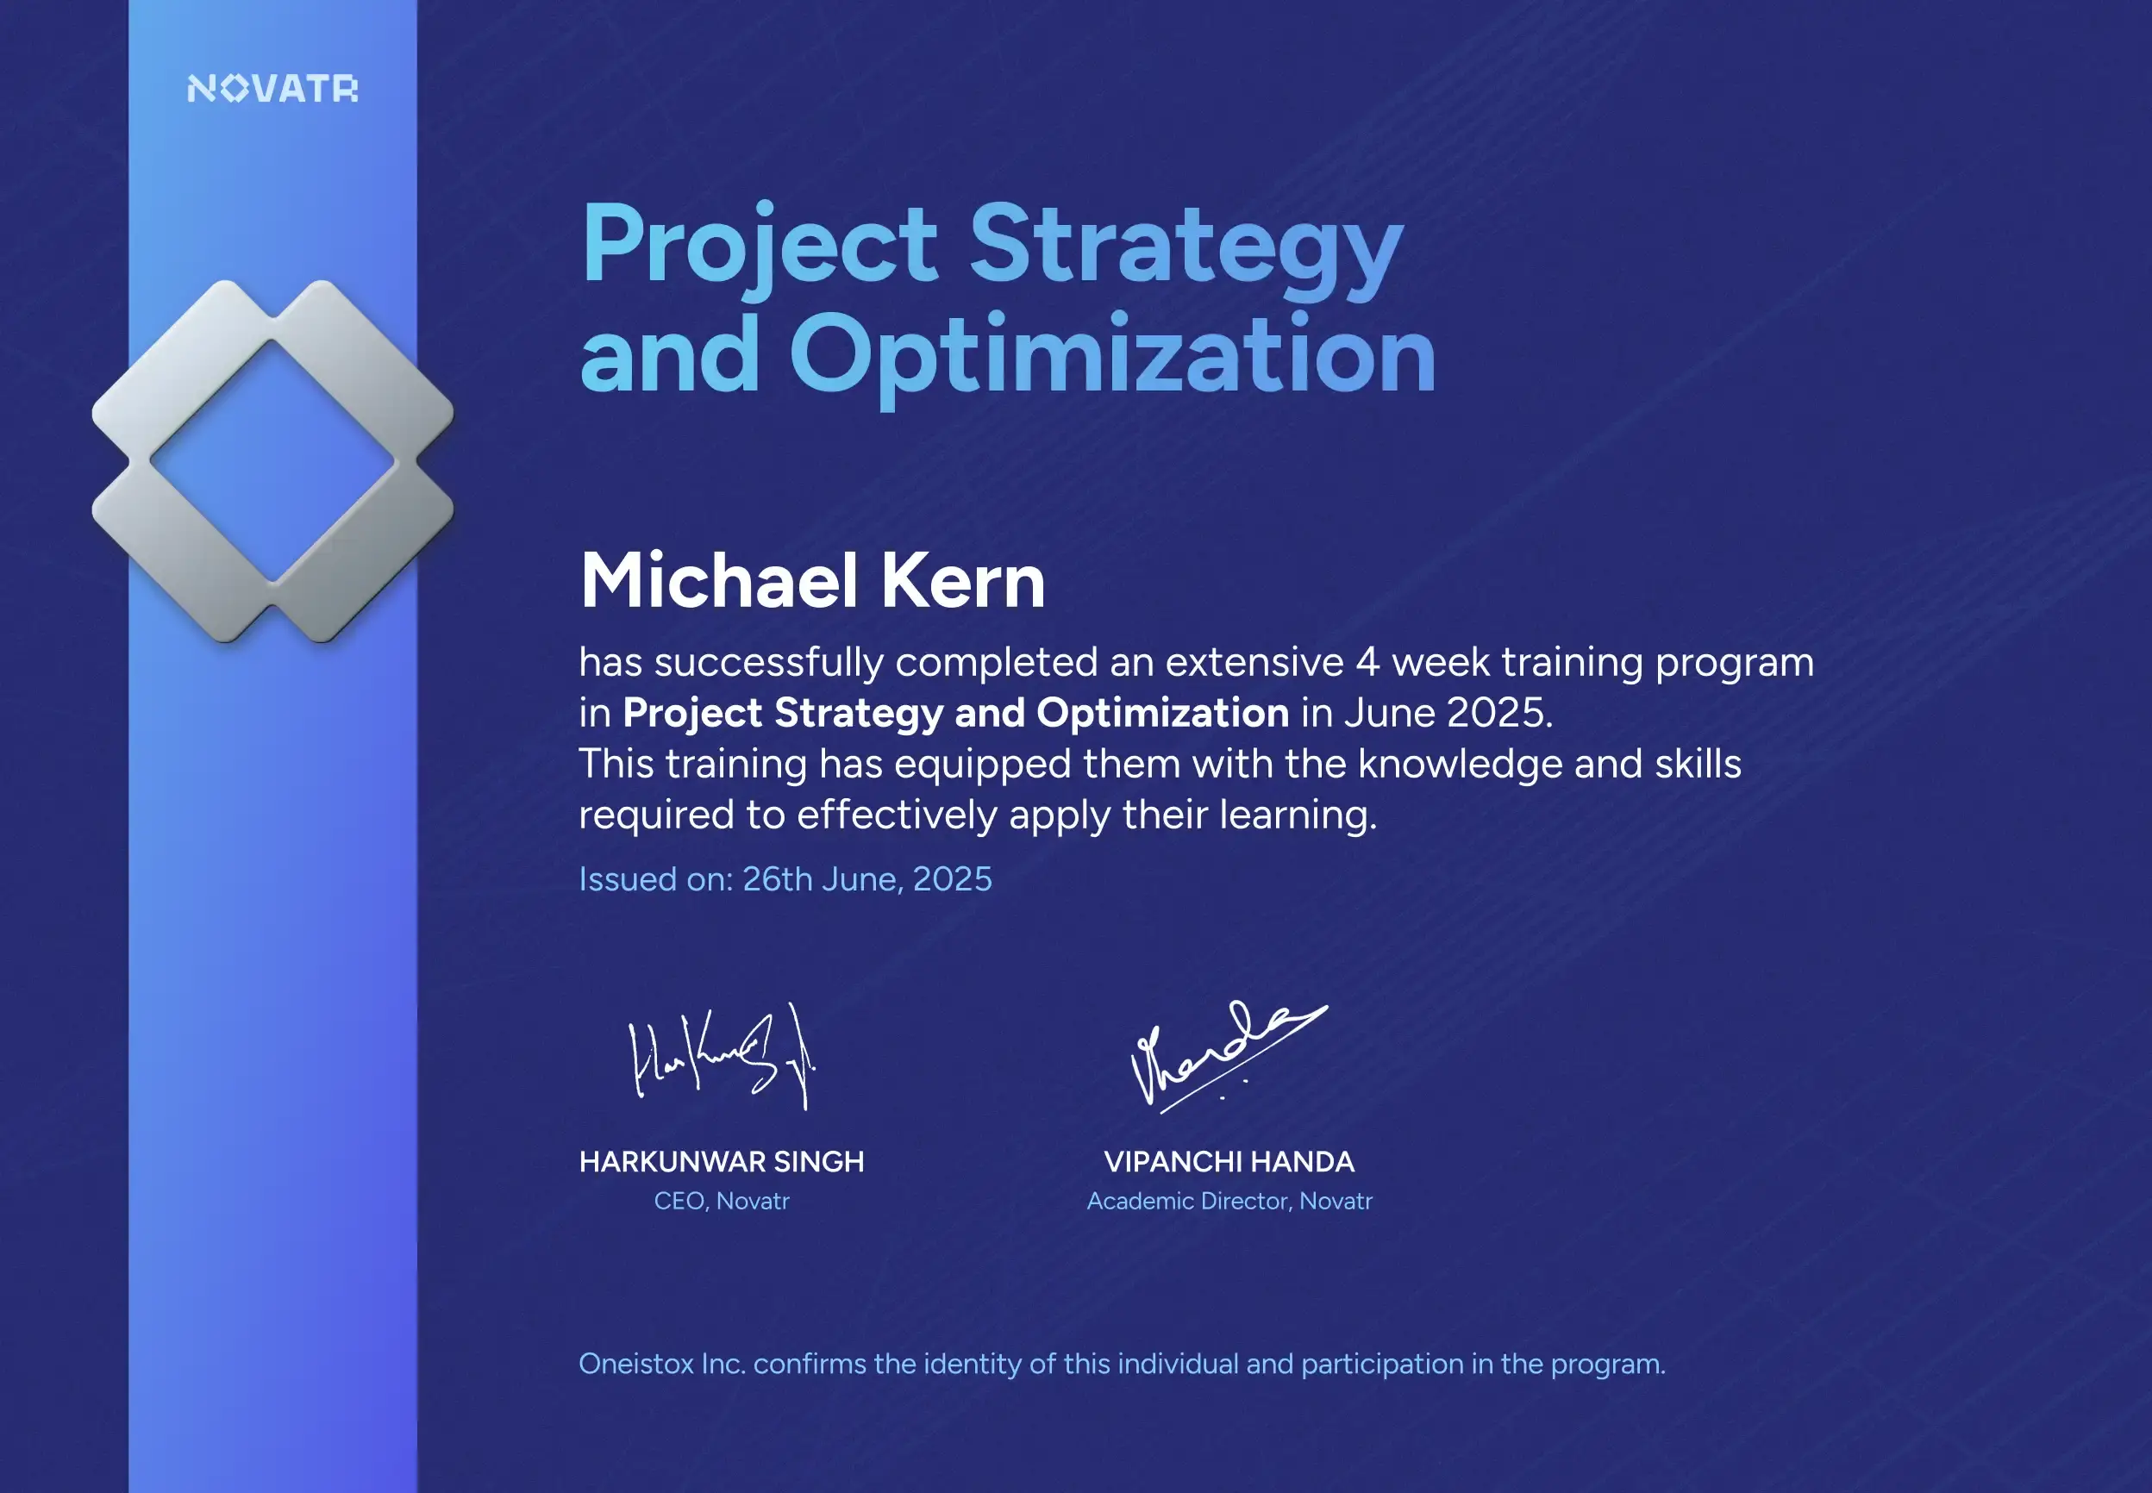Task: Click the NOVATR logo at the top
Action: click(272, 89)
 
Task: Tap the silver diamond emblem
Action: click(272, 461)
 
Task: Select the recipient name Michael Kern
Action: click(812, 581)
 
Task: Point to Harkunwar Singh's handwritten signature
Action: click(722, 1057)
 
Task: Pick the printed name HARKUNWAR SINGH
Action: click(722, 1162)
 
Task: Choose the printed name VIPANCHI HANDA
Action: click(1229, 1162)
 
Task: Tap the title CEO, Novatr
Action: click(722, 1201)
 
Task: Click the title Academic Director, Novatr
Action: click(1229, 1201)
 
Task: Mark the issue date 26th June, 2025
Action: click(866, 879)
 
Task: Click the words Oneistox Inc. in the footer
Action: click(661, 1364)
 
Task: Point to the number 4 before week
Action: click(1367, 662)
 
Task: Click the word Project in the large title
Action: click(759, 245)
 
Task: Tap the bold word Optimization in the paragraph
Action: click(1162, 713)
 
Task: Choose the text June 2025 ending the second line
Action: click(1448, 713)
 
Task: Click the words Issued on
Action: click(656, 879)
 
